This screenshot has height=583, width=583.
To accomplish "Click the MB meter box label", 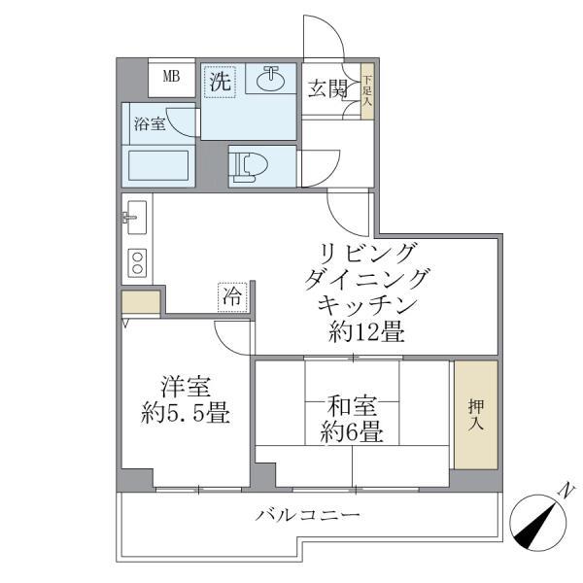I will point(171,77).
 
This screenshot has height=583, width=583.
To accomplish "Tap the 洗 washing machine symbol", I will point(221,82).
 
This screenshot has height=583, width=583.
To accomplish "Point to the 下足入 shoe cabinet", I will point(367,90).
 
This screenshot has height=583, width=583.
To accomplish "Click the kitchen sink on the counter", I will point(135,216).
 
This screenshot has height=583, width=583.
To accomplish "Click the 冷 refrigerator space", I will point(232,295).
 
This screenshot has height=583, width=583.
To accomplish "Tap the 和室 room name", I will point(353,401).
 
